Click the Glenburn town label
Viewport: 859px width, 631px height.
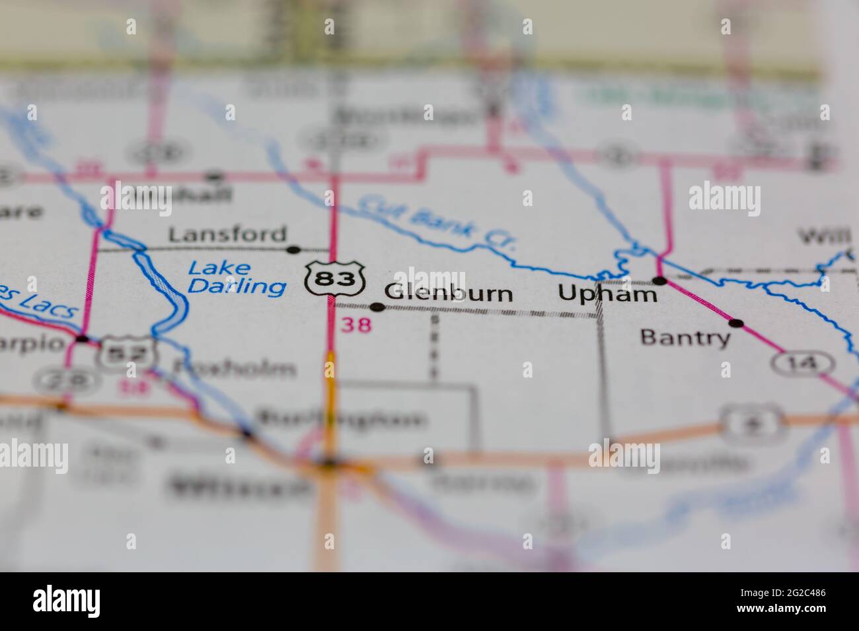(x=448, y=293)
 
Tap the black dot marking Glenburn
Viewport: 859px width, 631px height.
(x=377, y=307)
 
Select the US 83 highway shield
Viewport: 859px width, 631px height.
(x=335, y=278)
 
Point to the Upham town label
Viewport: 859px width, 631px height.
(x=607, y=293)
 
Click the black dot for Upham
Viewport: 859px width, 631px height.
(x=659, y=281)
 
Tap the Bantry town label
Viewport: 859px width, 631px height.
(x=685, y=338)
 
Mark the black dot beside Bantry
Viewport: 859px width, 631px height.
(x=736, y=323)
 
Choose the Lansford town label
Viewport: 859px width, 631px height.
(x=227, y=234)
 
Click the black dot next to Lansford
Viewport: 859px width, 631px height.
(x=293, y=249)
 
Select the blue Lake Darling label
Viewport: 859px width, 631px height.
(x=237, y=277)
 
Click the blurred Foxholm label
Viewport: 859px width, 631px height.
(x=233, y=368)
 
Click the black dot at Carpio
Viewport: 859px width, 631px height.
(x=82, y=339)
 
